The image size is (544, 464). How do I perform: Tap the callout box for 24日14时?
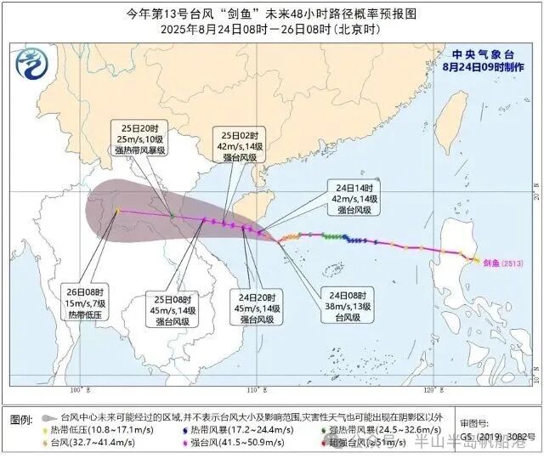point(356,197)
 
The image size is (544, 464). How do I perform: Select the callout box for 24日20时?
point(257,308)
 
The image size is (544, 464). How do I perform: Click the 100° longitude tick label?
point(77,389)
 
